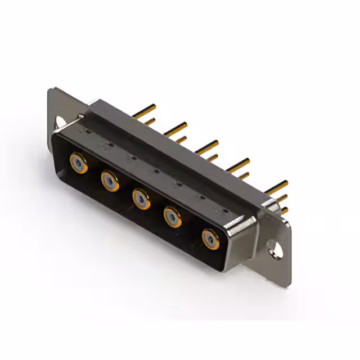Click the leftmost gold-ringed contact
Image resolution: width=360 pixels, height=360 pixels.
click(78, 163)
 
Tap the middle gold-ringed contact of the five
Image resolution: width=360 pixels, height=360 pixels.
click(141, 199)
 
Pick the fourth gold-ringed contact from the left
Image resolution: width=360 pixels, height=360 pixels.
click(172, 217)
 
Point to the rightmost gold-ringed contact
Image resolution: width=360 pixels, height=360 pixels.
click(211, 240)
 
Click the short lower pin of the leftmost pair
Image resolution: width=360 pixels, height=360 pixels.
click(149, 121)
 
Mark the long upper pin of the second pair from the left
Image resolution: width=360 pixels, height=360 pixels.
click(175, 128)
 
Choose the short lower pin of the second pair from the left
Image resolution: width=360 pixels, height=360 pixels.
click(181, 139)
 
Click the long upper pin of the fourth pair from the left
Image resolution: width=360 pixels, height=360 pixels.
click(238, 165)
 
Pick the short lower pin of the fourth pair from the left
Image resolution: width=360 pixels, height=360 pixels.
click(244, 175)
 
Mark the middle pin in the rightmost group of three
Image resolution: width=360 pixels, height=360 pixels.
click(281, 197)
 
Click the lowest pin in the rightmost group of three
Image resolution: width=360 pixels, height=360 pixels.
click(284, 210)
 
